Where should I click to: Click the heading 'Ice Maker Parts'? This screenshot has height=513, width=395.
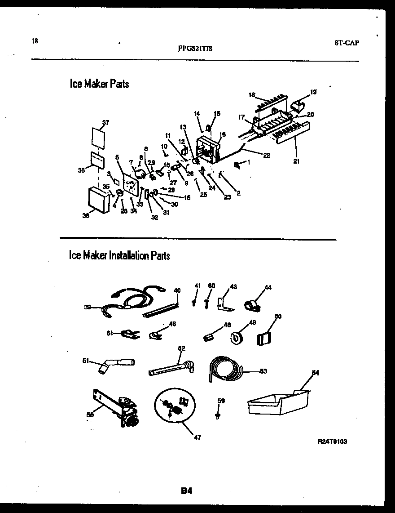click(x=99, y=84)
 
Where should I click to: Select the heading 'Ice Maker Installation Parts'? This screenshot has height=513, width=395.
click(x=119, y=256)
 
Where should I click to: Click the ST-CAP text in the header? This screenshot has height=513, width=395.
click(x=347, y=43)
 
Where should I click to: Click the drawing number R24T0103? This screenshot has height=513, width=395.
click(x=332, y=442)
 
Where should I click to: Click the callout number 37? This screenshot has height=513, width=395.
click(x=105, y=122)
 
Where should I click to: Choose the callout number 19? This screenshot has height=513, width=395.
click(x=313, y=92)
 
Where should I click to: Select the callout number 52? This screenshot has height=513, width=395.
click(x=181, y=348)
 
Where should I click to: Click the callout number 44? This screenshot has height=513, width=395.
click(x=268, y=287)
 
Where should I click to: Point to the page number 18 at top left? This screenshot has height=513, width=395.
click(x=35, y=41)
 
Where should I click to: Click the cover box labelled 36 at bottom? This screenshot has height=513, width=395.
click(x=99, y=201)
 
